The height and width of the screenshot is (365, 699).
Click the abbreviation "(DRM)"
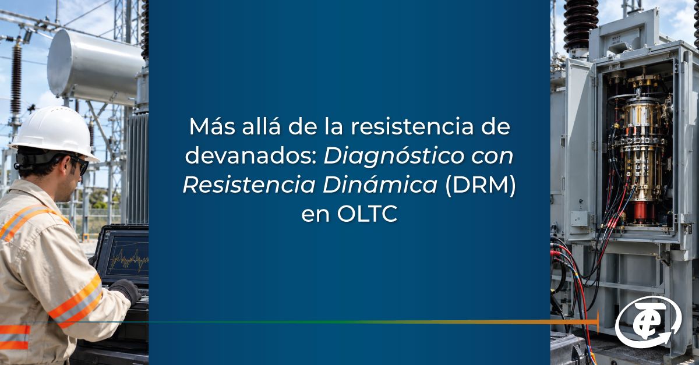[x=480, y=185]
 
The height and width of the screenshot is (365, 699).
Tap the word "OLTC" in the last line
[x=367, y=214]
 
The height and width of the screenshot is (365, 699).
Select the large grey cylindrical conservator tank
[x=94, y=67]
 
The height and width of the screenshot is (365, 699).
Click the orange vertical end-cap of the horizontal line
[x=598, y=323]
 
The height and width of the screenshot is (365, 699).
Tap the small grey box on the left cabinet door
[x=579, y=219]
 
